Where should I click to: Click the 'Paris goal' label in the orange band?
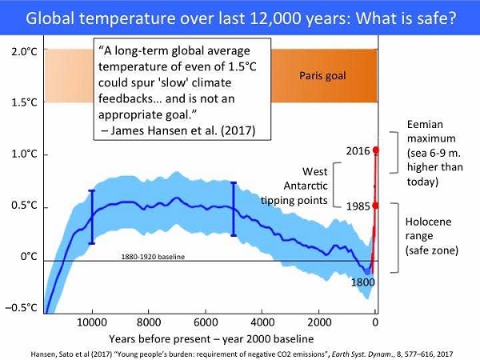[x=324, y=75]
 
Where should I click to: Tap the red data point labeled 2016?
[x=375, y=150]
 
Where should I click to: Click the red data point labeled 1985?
[x=375, y=205]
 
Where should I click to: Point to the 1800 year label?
[x=362, y=282]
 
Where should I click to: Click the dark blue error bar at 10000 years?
[x=91, y=216]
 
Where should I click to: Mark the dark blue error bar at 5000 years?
[x=234, y=209]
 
